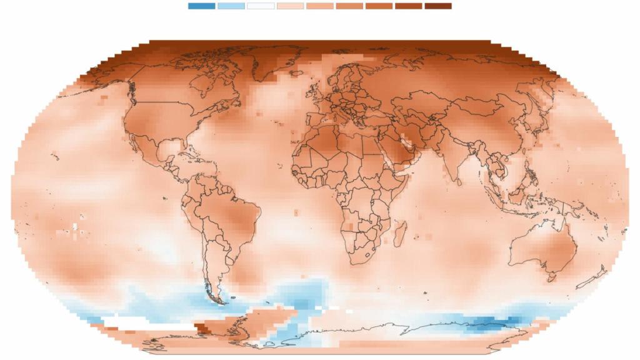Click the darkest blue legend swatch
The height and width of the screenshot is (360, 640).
201,6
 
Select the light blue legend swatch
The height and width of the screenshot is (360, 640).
231,6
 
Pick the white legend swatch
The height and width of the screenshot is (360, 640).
261,6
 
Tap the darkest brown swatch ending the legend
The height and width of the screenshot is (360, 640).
437,6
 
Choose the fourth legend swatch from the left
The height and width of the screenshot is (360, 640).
290,6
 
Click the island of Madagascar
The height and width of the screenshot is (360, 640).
403,236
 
